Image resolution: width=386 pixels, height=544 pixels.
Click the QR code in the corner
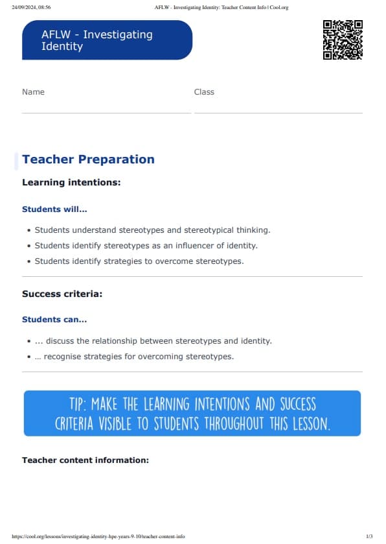(342, 40)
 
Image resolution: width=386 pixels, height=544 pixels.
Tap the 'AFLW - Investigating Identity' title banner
(107, 40)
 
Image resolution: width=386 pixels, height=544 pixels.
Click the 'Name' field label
(33, 92)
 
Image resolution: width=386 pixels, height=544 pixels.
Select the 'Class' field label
(204, 92)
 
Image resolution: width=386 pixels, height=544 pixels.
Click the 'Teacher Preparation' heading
(88, 160)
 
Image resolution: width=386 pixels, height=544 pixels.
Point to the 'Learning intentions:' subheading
(71, 183)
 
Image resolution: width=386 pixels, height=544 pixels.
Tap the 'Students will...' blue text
(54, 209)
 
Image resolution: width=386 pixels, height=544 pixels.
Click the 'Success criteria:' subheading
(62, 294)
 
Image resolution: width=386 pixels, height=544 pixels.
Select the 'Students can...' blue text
(54, 320)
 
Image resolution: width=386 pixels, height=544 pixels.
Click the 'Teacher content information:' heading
(85, 460)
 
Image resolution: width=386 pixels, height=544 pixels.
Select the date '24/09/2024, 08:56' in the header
(32, 7)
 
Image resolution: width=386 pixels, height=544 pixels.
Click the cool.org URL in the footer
(98, 537)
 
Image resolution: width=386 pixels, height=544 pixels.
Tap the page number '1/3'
(369, 537)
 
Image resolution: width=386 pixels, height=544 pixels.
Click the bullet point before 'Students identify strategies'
(29, 262)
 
